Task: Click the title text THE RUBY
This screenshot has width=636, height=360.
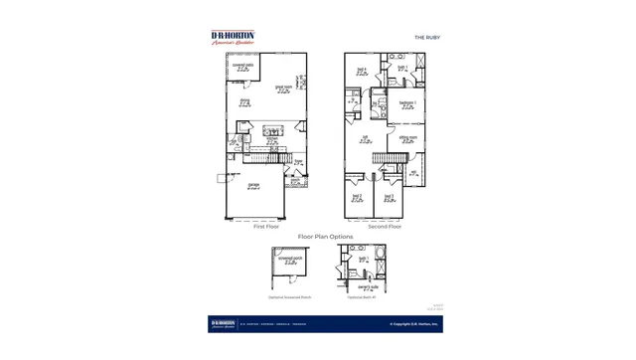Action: click(426, 37)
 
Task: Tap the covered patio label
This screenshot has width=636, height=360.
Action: click(242, 67)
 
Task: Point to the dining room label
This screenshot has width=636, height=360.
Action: click(244, 101)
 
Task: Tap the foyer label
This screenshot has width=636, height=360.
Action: click(297, 161)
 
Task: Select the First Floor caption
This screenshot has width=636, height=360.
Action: click(265, 227)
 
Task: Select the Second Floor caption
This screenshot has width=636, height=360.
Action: click(385, 227)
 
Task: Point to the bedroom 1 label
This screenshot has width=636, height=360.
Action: click(407, 102)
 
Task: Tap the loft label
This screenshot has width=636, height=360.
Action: click(365, 139)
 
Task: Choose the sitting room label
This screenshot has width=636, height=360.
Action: click(407, 139)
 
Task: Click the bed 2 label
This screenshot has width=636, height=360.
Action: click(356, 197)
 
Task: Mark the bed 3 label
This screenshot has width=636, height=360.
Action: click(389, 197)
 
